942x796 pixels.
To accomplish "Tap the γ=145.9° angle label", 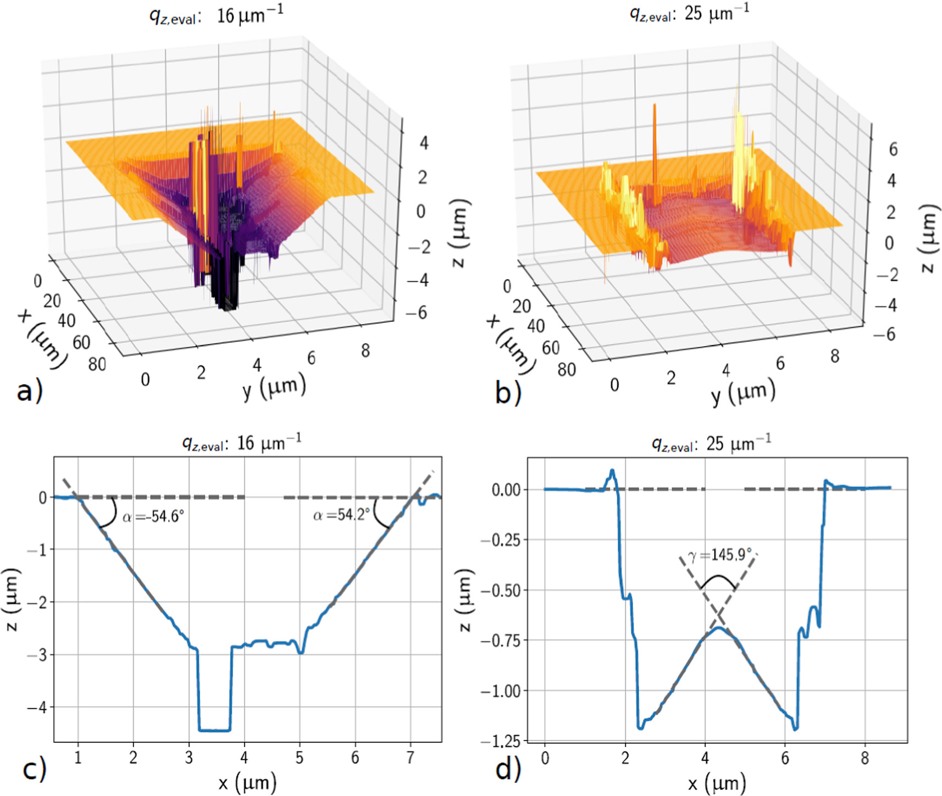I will (x=719, y=555).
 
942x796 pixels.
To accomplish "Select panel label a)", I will (x=29, y=392).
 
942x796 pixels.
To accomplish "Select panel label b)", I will (x=507, y=393).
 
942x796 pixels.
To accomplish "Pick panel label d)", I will (x=507, y=770).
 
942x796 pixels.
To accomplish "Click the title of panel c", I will (x=242, y=443).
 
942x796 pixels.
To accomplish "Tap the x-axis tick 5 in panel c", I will (x=300, y=759).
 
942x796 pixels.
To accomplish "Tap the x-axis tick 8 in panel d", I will (x=865, y=759).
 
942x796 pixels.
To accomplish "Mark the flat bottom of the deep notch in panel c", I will (x=214, y=730).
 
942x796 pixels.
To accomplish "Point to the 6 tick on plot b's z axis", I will (x=893, y=149).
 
